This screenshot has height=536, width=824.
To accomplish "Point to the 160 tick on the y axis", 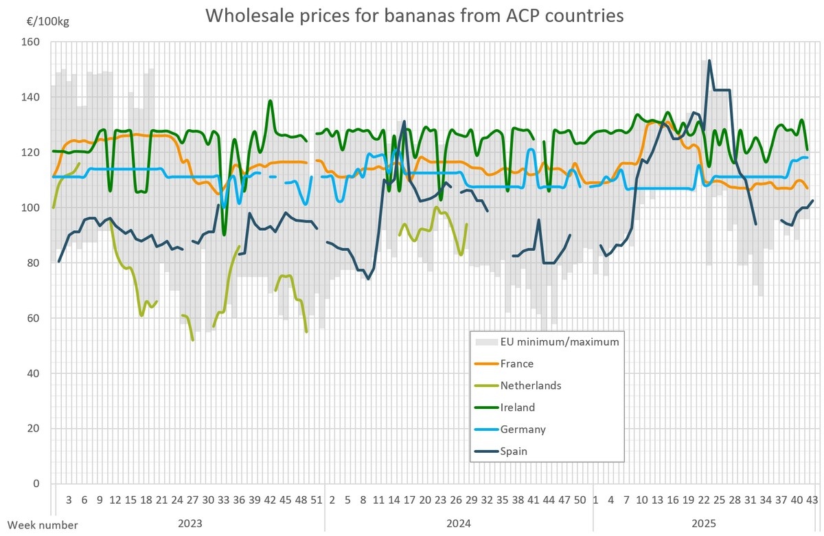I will (x=32, y=42).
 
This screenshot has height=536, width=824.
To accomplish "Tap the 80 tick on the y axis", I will (x=34, y=263).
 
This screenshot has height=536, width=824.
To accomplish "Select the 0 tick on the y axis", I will (x=37, y=484).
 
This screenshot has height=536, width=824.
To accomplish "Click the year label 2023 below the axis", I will (x=190, y=524).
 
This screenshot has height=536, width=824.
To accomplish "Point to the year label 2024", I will (x=458, y=524).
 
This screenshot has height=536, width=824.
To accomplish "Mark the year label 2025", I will (x=703, y=524).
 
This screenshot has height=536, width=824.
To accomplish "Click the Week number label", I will (x=39, y=524).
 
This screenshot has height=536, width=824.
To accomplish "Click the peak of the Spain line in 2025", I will (x=709, y=60).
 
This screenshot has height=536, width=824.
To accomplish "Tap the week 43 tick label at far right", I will (x=812, y=500).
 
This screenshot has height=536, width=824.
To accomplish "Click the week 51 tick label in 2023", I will (x=317, y=500).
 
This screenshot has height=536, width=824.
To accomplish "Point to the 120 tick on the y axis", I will (x=32, y=153).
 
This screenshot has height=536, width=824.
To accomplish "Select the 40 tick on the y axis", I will (x=34, y=374).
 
